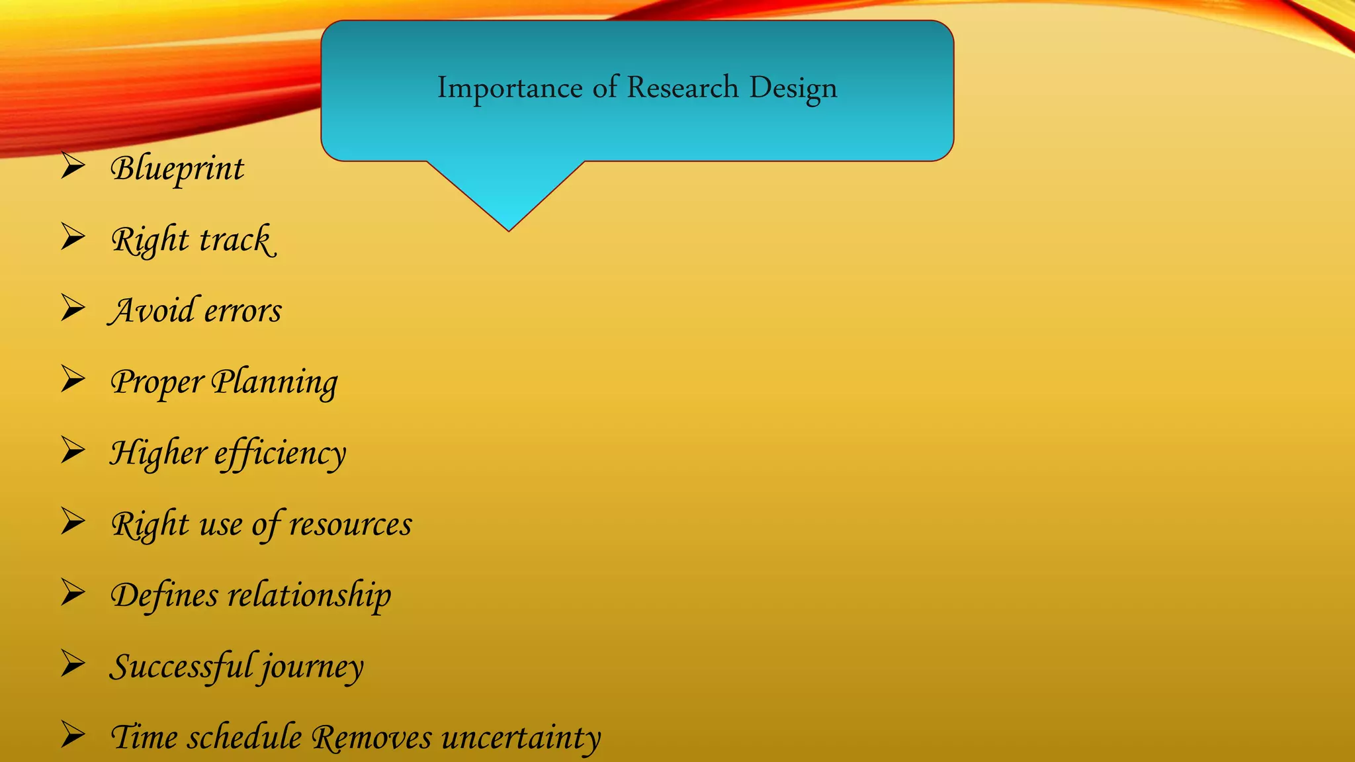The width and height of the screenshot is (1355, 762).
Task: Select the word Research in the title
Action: tap(682, 88)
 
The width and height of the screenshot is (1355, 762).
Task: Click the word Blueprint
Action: tap(177, 169)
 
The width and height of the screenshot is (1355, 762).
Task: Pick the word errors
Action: tap(243, 312)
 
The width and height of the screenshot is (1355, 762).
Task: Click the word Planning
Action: tap(275, 382)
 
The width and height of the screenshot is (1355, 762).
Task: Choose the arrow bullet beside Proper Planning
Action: tap(73, 379)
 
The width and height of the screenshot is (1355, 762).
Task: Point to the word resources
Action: tap(351, 525)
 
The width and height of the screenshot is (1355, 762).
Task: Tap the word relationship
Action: tap(310, 595)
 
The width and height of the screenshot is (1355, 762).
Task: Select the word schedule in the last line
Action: tap(244, 738)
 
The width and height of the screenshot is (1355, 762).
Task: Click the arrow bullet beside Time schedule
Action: tap(73, 735)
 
